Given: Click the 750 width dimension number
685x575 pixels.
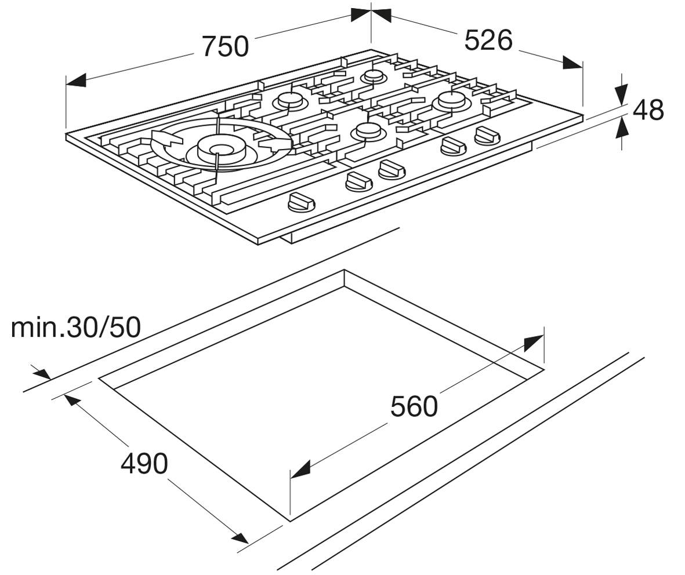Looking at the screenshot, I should point(226,46).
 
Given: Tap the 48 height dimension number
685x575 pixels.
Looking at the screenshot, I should point(648,110).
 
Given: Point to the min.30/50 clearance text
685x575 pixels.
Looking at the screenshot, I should point(76,328).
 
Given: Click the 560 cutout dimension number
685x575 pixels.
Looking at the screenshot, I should point(414,406).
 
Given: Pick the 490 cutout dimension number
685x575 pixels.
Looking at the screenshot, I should point(144,464).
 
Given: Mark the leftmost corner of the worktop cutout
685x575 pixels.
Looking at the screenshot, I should point(99,379).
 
